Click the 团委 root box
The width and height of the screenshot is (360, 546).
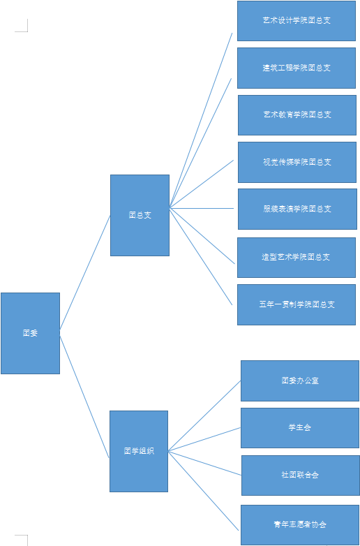point(30,333)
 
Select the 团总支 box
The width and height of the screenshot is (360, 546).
point(140,215)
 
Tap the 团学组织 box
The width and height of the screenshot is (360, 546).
point(139,451)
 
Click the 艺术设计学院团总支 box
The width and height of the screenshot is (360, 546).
point(297,21)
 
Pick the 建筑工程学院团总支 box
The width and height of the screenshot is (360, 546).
point(297,68)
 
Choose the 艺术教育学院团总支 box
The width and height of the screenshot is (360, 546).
point(297,115)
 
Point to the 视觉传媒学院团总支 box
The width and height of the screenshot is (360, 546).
point(297,162)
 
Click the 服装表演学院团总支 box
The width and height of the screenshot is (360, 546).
point(297,209)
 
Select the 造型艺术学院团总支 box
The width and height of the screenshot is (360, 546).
point(297,258)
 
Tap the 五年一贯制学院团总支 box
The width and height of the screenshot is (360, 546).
point(297,304)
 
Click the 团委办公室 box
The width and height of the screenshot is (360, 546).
point(300,381)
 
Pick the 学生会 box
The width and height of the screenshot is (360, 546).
point(300,428)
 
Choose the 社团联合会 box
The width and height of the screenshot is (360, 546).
point(301,475)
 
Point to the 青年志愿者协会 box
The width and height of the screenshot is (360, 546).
point(300,525)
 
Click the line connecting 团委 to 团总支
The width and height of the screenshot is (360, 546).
point(85,272)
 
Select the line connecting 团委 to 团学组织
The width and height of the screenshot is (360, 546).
point(84,397)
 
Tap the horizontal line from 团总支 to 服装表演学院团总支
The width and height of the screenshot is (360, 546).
point(202,208)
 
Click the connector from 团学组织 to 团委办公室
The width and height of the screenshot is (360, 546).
point(204,416)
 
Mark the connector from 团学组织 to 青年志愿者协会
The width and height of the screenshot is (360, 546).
point(203,491)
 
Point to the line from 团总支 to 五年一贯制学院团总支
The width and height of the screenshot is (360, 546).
point(201,257)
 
